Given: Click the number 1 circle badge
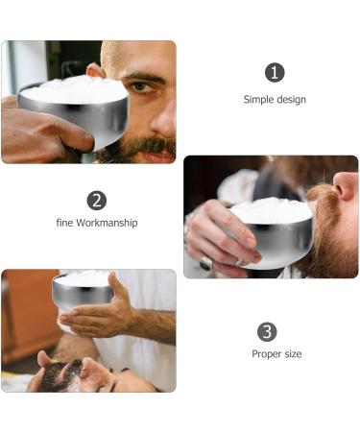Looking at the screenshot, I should point(276,73).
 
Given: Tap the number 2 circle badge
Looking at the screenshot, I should point(96,200).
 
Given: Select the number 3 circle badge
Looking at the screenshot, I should point(268,331).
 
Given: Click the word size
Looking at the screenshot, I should point(292,354).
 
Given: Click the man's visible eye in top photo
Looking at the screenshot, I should point(143,87).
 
